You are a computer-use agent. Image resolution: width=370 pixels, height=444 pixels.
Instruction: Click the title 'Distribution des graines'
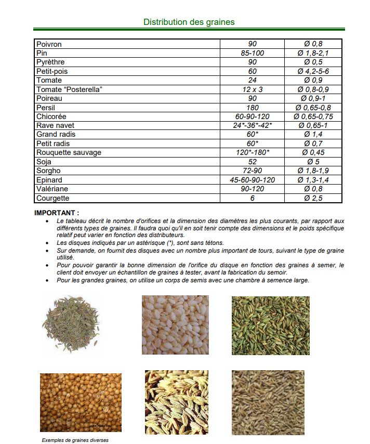click(189, 22)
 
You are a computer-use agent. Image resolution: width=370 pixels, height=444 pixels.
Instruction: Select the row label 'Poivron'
click(49, 44)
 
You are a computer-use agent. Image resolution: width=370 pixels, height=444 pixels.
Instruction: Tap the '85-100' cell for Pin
click(253, 53)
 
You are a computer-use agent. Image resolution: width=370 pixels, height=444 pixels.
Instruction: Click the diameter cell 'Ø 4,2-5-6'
click(313, 71)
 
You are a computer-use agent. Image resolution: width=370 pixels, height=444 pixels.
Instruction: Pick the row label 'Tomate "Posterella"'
click(69, 89)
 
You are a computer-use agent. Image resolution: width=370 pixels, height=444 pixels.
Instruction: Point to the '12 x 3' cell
click(253, 89)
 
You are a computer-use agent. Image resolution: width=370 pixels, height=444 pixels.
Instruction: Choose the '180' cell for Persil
click(253, 108)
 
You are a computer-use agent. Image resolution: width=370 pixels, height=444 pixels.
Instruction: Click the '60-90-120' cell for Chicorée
click(253, 116)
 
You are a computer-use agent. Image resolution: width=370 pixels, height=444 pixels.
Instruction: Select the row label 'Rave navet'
click(55, 125)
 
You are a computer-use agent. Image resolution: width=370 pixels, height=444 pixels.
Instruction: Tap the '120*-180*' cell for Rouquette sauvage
click(253, 152)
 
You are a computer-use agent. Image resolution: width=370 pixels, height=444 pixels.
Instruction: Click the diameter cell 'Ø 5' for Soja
click(313, 162)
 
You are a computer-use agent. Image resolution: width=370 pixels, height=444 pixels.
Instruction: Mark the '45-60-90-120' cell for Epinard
click(253, 180)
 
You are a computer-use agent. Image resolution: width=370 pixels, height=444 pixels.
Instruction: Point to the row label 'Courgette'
click(52, 198)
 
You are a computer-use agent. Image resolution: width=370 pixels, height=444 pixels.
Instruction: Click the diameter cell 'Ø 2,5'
click(313, 198)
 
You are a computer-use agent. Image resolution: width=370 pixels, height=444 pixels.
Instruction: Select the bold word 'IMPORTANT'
click(56, 213)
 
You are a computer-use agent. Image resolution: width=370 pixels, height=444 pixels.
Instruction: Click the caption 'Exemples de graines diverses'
click(75, 440)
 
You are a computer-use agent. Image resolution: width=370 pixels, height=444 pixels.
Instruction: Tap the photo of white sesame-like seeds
click(175, 325)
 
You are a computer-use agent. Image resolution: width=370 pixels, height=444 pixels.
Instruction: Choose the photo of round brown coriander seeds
click(81, 402)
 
